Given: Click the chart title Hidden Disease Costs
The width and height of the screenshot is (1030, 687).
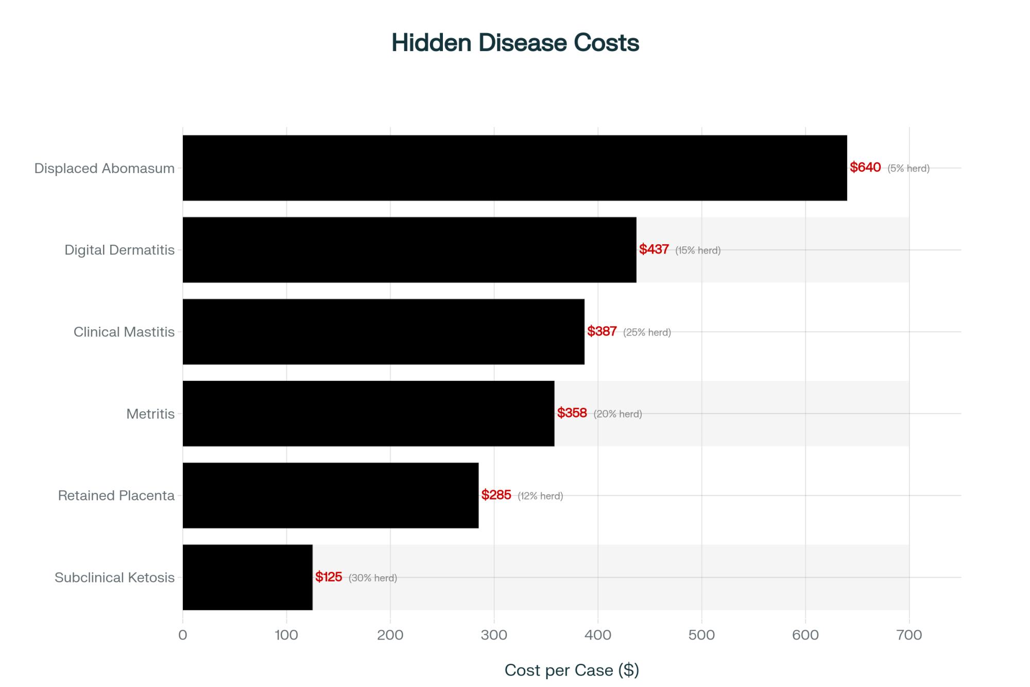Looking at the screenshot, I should click(515, 43).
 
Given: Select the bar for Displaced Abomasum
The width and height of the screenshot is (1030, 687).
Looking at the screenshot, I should click(514, 168).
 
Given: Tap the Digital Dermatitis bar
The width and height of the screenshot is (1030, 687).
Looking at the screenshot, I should click(409, 250).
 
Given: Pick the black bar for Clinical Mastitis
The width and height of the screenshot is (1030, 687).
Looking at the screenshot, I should click(384, 332).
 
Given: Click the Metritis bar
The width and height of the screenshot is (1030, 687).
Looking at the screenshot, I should click(368, 413).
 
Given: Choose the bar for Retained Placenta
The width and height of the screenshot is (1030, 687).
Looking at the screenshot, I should click(331, 495).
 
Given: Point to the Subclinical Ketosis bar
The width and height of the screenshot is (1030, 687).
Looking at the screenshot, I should click(248, 577).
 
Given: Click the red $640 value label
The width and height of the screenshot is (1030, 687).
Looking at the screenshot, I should click(865, 167).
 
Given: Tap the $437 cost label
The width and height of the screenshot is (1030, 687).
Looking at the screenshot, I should click(654, 249).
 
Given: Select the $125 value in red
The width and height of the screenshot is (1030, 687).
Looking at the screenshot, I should click(329, 577).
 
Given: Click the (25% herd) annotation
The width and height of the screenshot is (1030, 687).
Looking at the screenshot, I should click(647, 332).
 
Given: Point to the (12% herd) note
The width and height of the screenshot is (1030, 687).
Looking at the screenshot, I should click(540, 496).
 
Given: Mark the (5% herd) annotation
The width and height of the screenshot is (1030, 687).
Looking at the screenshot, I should click(908, 169).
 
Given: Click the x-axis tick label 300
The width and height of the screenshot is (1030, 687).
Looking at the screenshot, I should click(494, 635).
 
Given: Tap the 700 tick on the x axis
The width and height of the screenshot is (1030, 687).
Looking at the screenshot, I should click(909, 635).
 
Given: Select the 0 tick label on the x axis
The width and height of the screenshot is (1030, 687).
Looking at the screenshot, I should click(183, 635).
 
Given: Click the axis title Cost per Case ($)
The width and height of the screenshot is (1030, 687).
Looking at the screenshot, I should click(572, 670).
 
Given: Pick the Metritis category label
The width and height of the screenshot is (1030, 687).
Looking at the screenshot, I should click(150, 414).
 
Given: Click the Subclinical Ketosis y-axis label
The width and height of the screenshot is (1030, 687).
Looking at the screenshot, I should click(114, 578).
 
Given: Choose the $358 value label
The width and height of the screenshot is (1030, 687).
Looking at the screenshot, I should click(572, 413).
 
